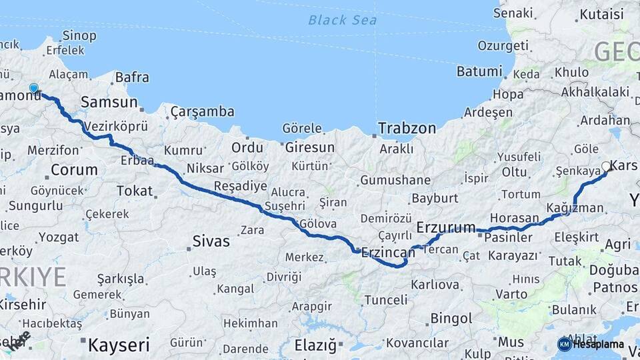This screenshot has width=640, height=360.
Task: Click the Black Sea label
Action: coord(342,20)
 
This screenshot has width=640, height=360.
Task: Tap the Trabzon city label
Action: coord(407,128)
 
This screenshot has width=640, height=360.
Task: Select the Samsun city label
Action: coord(109,103)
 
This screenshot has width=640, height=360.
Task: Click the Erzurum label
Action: coord(446,228)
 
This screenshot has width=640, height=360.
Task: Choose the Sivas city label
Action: coord(211,241)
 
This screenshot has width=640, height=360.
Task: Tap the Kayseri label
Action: coord(119,345)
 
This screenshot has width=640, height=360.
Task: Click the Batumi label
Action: coord(479,71)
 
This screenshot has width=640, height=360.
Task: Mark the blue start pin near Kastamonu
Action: coord(35,88)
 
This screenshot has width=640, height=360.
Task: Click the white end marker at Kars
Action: coord(606,166)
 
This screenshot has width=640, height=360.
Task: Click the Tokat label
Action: coord(135,191)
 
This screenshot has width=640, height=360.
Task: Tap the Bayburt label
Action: coord(435,198)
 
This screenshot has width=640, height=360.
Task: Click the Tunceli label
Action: coord(385,300)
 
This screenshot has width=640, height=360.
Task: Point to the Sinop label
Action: coord(79,35)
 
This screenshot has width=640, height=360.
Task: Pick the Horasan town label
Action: coord(514,218)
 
